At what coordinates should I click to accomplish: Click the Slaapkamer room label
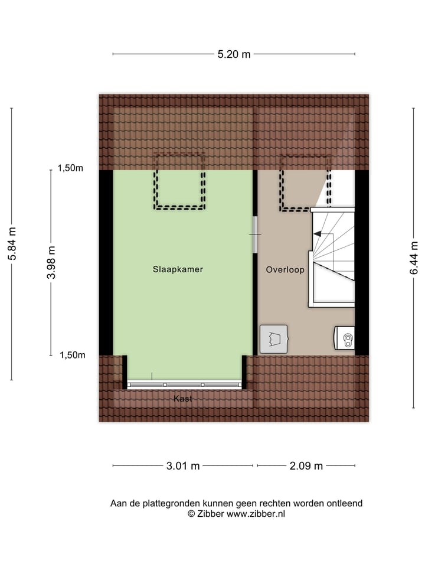point(178,269)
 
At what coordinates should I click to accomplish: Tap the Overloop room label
point(285,269)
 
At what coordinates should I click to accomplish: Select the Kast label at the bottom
point(183,399)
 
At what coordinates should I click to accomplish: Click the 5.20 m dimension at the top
point(234,54)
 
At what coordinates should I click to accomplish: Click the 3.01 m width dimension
point(183,466)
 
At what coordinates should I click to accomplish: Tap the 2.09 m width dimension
point(306,466)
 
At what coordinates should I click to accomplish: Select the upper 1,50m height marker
point(70,168)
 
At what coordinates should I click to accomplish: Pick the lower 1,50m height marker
point(72,355)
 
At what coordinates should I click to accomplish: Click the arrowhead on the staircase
point(317,234)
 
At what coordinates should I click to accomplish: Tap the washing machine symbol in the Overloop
point(273,340)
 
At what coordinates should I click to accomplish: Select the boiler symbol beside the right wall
point(346,339)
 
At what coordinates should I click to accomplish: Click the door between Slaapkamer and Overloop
point(255,234)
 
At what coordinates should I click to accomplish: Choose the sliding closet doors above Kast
point(184,384)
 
